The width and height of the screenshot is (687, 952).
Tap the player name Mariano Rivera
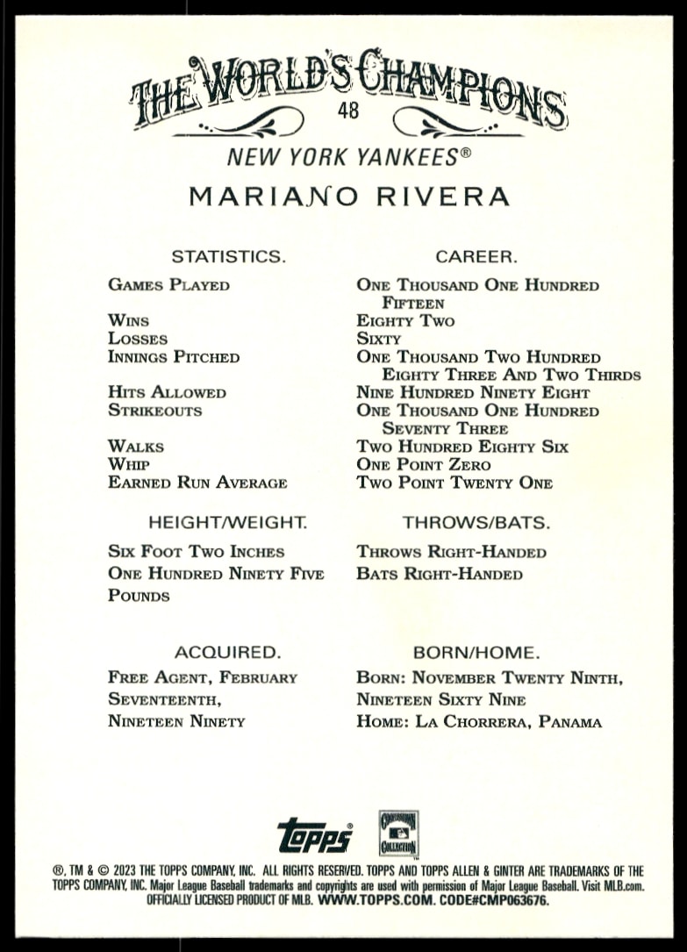349,196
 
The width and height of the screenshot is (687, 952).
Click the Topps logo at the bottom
315,836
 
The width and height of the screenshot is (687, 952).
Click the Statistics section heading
228,257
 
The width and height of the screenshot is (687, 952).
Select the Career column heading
476,257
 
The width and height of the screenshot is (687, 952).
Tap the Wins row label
128,321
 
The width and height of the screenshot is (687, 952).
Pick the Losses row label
138,339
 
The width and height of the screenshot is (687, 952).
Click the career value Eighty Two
405,321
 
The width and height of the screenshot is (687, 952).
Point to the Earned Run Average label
197,483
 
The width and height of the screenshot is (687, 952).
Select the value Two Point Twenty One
454,483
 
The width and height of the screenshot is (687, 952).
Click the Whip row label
128,464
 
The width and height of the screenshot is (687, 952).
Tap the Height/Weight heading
227,523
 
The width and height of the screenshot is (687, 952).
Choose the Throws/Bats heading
476,523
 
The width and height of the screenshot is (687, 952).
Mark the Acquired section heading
227,653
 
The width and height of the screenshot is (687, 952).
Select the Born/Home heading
476,653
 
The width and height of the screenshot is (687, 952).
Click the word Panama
570,723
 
